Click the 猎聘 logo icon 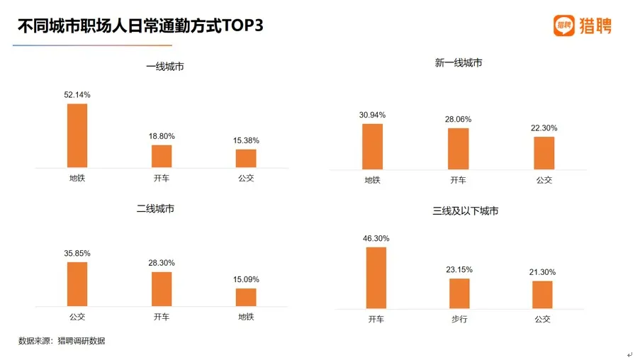tap(564, 26)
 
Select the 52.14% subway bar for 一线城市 tap(77, 135)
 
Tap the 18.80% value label tap(162, 136)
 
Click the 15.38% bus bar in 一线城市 tap(246, 158)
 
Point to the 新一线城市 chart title tap(459, 63)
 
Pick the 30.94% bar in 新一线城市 tap(372, 146)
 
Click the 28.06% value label tap(458, 119)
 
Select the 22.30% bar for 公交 tap(544, 152)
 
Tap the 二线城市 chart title tap(155, 209)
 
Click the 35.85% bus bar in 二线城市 tap(77, 284)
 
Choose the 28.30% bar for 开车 tap(162, 289)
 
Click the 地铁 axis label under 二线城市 tap(246, 317)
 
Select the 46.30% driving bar tap(376, 278)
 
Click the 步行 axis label tap(459, 319)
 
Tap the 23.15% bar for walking tap(459, 293)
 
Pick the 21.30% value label tap(543, 272)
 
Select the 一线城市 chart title tap(165, 67)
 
